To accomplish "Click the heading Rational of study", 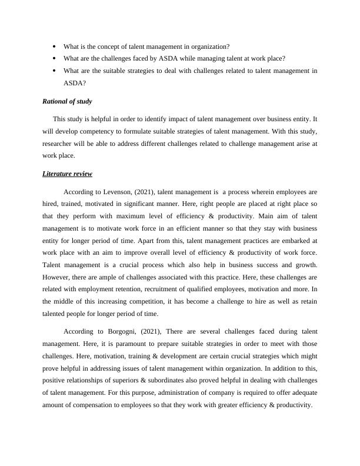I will pyautogui.click(x=67, y=101).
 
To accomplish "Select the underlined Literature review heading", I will pyautogui.click(x=67, y=174).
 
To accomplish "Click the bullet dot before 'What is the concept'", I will pyautogui.click(x=54, y=46).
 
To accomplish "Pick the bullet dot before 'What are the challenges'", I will pyautogui.click(x=54, y=58).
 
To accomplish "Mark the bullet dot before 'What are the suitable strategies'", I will pyautogui.click(x=54, y=71).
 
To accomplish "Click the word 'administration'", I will pyautogui.click(x=171, y=393).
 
